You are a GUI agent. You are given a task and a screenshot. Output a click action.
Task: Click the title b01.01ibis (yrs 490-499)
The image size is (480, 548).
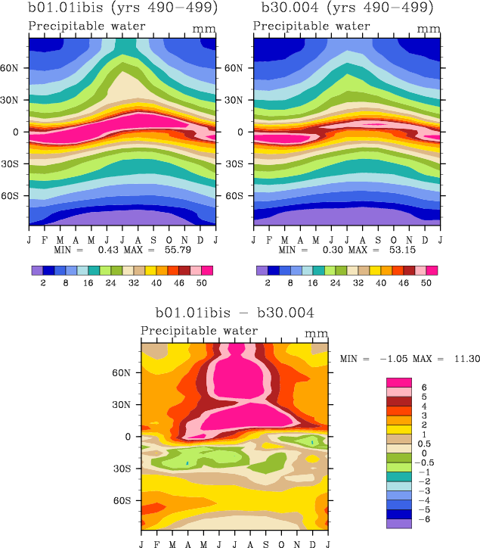[122, 9]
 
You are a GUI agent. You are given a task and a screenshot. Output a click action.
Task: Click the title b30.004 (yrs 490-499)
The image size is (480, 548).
[347, 9]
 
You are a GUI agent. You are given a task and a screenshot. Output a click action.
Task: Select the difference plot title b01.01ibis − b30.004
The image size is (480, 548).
[234, 313]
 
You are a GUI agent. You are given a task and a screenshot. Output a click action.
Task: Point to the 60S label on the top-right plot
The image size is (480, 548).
[241, 196]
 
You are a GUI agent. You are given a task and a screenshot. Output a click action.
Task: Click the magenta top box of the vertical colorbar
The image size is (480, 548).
[398, 382]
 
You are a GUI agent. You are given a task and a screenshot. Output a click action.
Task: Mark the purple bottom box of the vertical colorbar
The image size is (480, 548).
[398, 523]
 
